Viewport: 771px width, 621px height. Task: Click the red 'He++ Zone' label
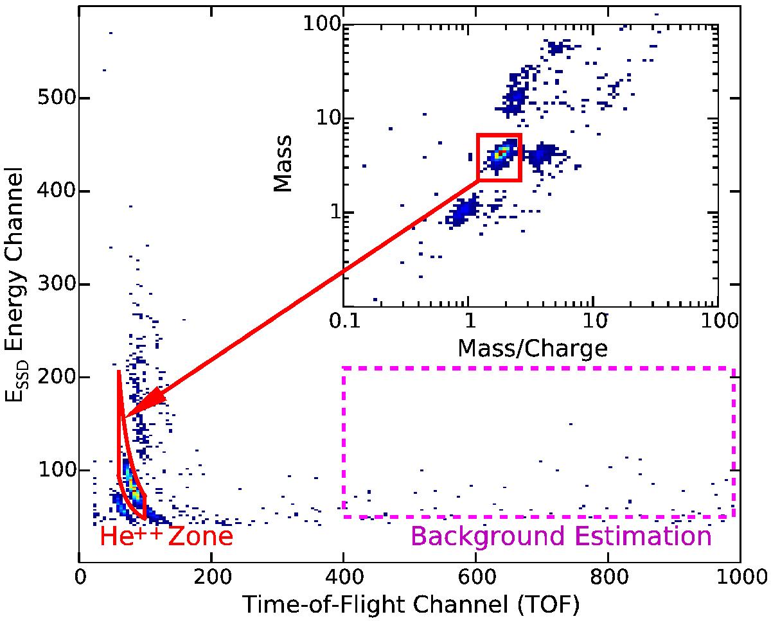166,536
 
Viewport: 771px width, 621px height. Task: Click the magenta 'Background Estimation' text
561,536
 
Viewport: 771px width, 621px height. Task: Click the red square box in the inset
499,157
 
